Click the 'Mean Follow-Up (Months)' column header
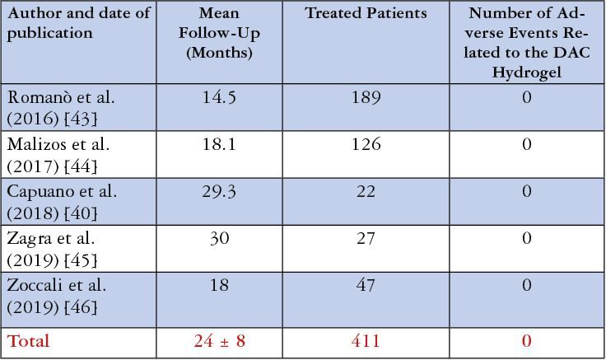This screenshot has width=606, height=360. (219, 34)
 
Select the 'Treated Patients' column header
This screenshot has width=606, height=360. (366, 14)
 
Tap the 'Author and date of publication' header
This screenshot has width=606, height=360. (79, 24)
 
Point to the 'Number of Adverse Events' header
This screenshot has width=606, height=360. (526, 43)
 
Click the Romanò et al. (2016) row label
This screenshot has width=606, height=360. (61, 108)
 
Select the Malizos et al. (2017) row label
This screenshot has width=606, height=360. (58, 155)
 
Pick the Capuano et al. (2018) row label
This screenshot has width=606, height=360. (62, 202)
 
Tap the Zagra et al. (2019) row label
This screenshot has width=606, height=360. (52, 249)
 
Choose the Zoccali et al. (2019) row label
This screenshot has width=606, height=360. (57, 296)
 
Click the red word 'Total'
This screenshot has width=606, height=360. (29, 341)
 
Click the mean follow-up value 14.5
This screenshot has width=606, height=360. (219, 97)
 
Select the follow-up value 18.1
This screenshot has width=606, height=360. (219, 144)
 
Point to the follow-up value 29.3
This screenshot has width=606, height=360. (219, 191)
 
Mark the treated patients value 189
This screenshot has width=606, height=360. (366, 97)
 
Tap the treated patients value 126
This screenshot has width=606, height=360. (366, 144)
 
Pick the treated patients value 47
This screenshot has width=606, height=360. (366, 285)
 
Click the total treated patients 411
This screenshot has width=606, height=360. (366, 341)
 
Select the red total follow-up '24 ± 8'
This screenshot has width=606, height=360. (219, 341)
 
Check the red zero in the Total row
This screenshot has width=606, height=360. (526, 341)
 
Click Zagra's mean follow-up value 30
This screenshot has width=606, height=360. (219, 238)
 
